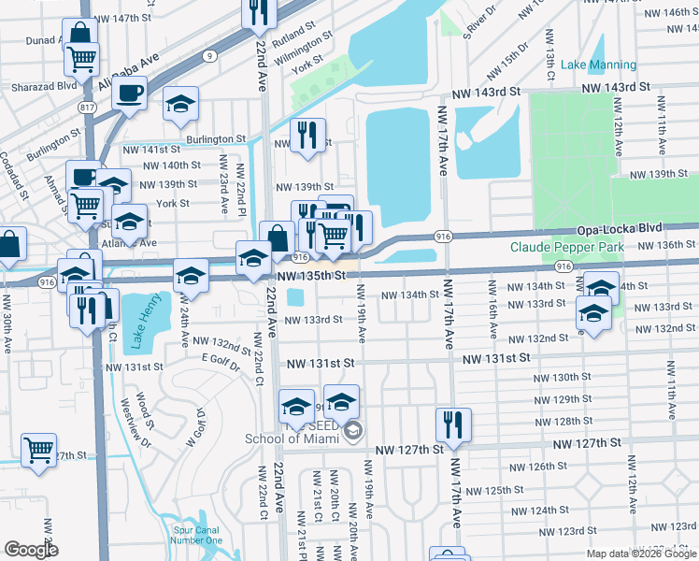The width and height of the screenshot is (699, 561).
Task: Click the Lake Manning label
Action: point(598,65)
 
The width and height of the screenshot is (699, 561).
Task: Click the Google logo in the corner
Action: point(31,550)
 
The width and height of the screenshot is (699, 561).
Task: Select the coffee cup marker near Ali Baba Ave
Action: point(131,93)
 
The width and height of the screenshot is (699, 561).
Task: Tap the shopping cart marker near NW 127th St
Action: point(38,451)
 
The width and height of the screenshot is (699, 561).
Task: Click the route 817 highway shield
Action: point(88,108)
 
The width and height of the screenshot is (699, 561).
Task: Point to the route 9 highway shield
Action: point(211,56)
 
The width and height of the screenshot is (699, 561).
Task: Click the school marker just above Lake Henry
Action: point(191,275)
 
